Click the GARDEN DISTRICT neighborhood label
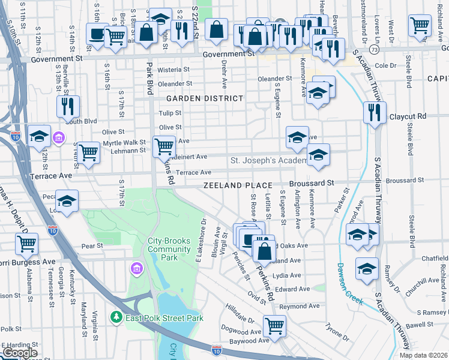205,98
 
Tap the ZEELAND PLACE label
237,186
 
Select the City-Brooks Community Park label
165,248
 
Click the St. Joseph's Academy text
268,161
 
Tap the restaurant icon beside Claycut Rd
375,112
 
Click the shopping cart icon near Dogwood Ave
274,326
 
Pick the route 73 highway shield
374,49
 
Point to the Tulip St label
170,113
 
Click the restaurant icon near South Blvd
68,106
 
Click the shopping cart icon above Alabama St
27,244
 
